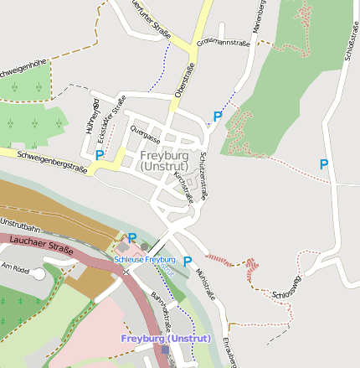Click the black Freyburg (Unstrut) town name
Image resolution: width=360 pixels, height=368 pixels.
click(167, 161)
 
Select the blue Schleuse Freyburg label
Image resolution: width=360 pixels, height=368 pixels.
click(144, 260)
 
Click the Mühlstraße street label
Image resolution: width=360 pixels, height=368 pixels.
click(204, 285)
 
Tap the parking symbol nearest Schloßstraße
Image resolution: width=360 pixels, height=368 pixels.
click(324, 165)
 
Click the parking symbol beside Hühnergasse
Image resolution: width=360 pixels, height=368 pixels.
click(100, 155)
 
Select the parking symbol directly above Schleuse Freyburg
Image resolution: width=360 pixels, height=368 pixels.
click(131, 239)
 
